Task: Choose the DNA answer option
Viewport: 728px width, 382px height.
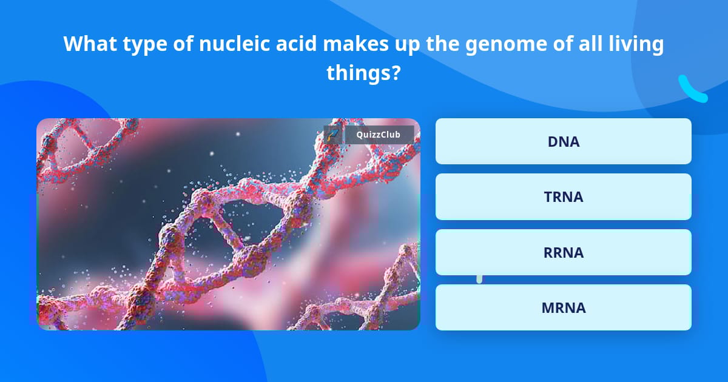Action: pos(563,141)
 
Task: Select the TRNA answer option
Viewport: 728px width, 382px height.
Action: pos(563,196)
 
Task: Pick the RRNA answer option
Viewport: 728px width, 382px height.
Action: pos(563,252)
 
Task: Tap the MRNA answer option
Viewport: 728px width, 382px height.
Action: pos(563,307)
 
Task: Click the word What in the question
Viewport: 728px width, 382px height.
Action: pos(90,44)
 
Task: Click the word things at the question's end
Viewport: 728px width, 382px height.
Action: pos(359,73)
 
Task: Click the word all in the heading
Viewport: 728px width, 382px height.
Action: pos(590,44)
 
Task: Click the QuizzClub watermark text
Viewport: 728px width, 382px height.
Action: pos(379,135)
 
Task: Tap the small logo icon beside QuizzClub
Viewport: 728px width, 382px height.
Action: pos(333,135)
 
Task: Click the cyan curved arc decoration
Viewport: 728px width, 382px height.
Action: pos(692,90)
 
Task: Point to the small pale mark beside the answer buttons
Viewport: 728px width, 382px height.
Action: pos(479,278)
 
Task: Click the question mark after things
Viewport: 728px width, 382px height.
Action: pos(396,73)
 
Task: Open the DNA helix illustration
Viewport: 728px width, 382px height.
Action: pos(228,224)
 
